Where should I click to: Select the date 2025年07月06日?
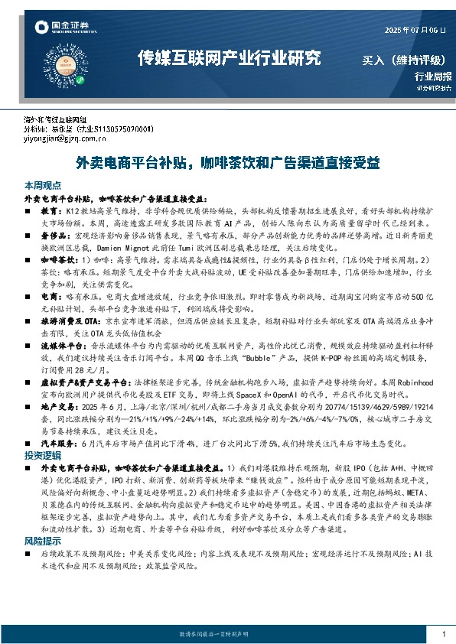coord(413,30)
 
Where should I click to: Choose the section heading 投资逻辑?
coord(41,455)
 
